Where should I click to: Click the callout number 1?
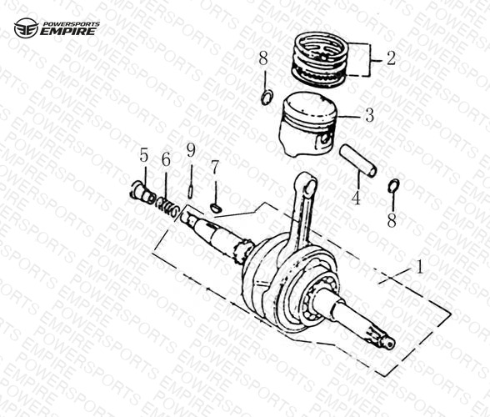point(420,267)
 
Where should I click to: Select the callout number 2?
point(391,58)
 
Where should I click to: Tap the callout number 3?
point(369,115)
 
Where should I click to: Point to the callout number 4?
point(356,198)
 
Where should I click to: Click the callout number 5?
point(143,155)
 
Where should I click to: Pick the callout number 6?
point(166,159)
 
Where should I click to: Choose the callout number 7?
point(215,168)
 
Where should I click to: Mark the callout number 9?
point(191,150)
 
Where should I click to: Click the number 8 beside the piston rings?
point(263,59)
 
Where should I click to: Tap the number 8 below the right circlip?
point(392,220)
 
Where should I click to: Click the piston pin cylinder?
point(358,161)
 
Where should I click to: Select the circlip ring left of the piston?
point(267,98)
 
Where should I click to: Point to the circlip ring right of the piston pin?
point(393,186)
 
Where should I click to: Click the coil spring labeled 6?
point(167,208)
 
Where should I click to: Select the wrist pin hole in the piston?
point(326,138)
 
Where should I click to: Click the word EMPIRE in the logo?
point(67,32)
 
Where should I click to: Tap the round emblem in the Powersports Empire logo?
point(27,28)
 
